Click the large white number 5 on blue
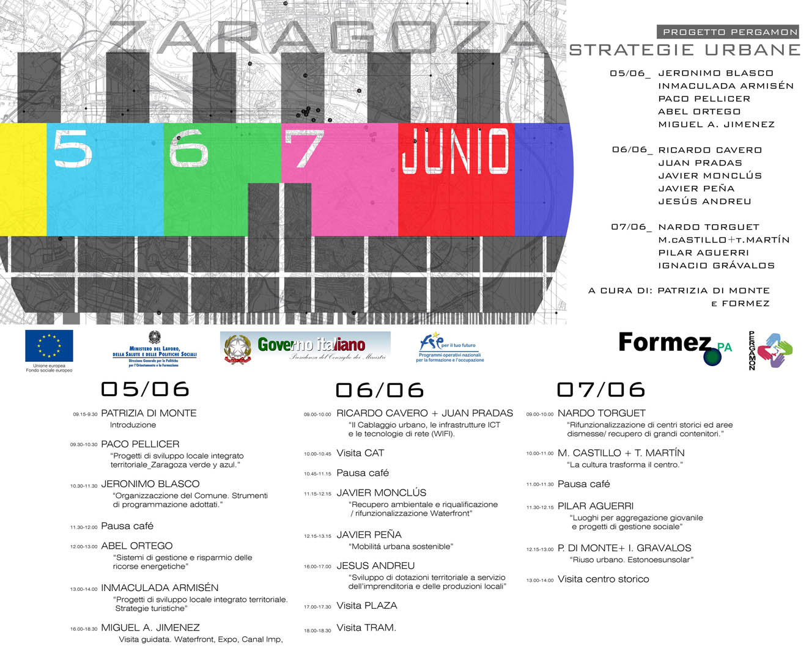pyautogui.click(x=73, y=149)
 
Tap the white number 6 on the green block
pyautogui.click(x=188, y=149)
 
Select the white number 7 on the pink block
pyautogui.click(x=304, y=149)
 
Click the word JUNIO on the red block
pyautogui.click(x=455, y=150)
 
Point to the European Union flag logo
pyautogui.click(x=49, y=346)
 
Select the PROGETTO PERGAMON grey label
pyautogui.click(x=730, y=32)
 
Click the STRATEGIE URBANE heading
pyautogui.click(x=685, y=50)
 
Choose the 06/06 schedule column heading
pyautogui.click(x=379, y=390)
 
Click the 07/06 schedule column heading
pyautogui.click(x=600, y=389)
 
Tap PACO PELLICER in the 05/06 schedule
pyautogui.click(x=140, y=444)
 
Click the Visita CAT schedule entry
pyautogui.click(x=360, y=453)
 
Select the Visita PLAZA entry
pyautogui.click(x=367, y=606)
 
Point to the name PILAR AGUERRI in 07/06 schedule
pyautogui.click(x=595, y=506)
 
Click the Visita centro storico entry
pyautogui.click(x=603, y=579)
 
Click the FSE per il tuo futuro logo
pyautogui.click(x=449, y=348)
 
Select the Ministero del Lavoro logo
pyautogui.click(x=154, y=348)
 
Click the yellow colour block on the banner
pyautogui.click(x=23, y=179)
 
